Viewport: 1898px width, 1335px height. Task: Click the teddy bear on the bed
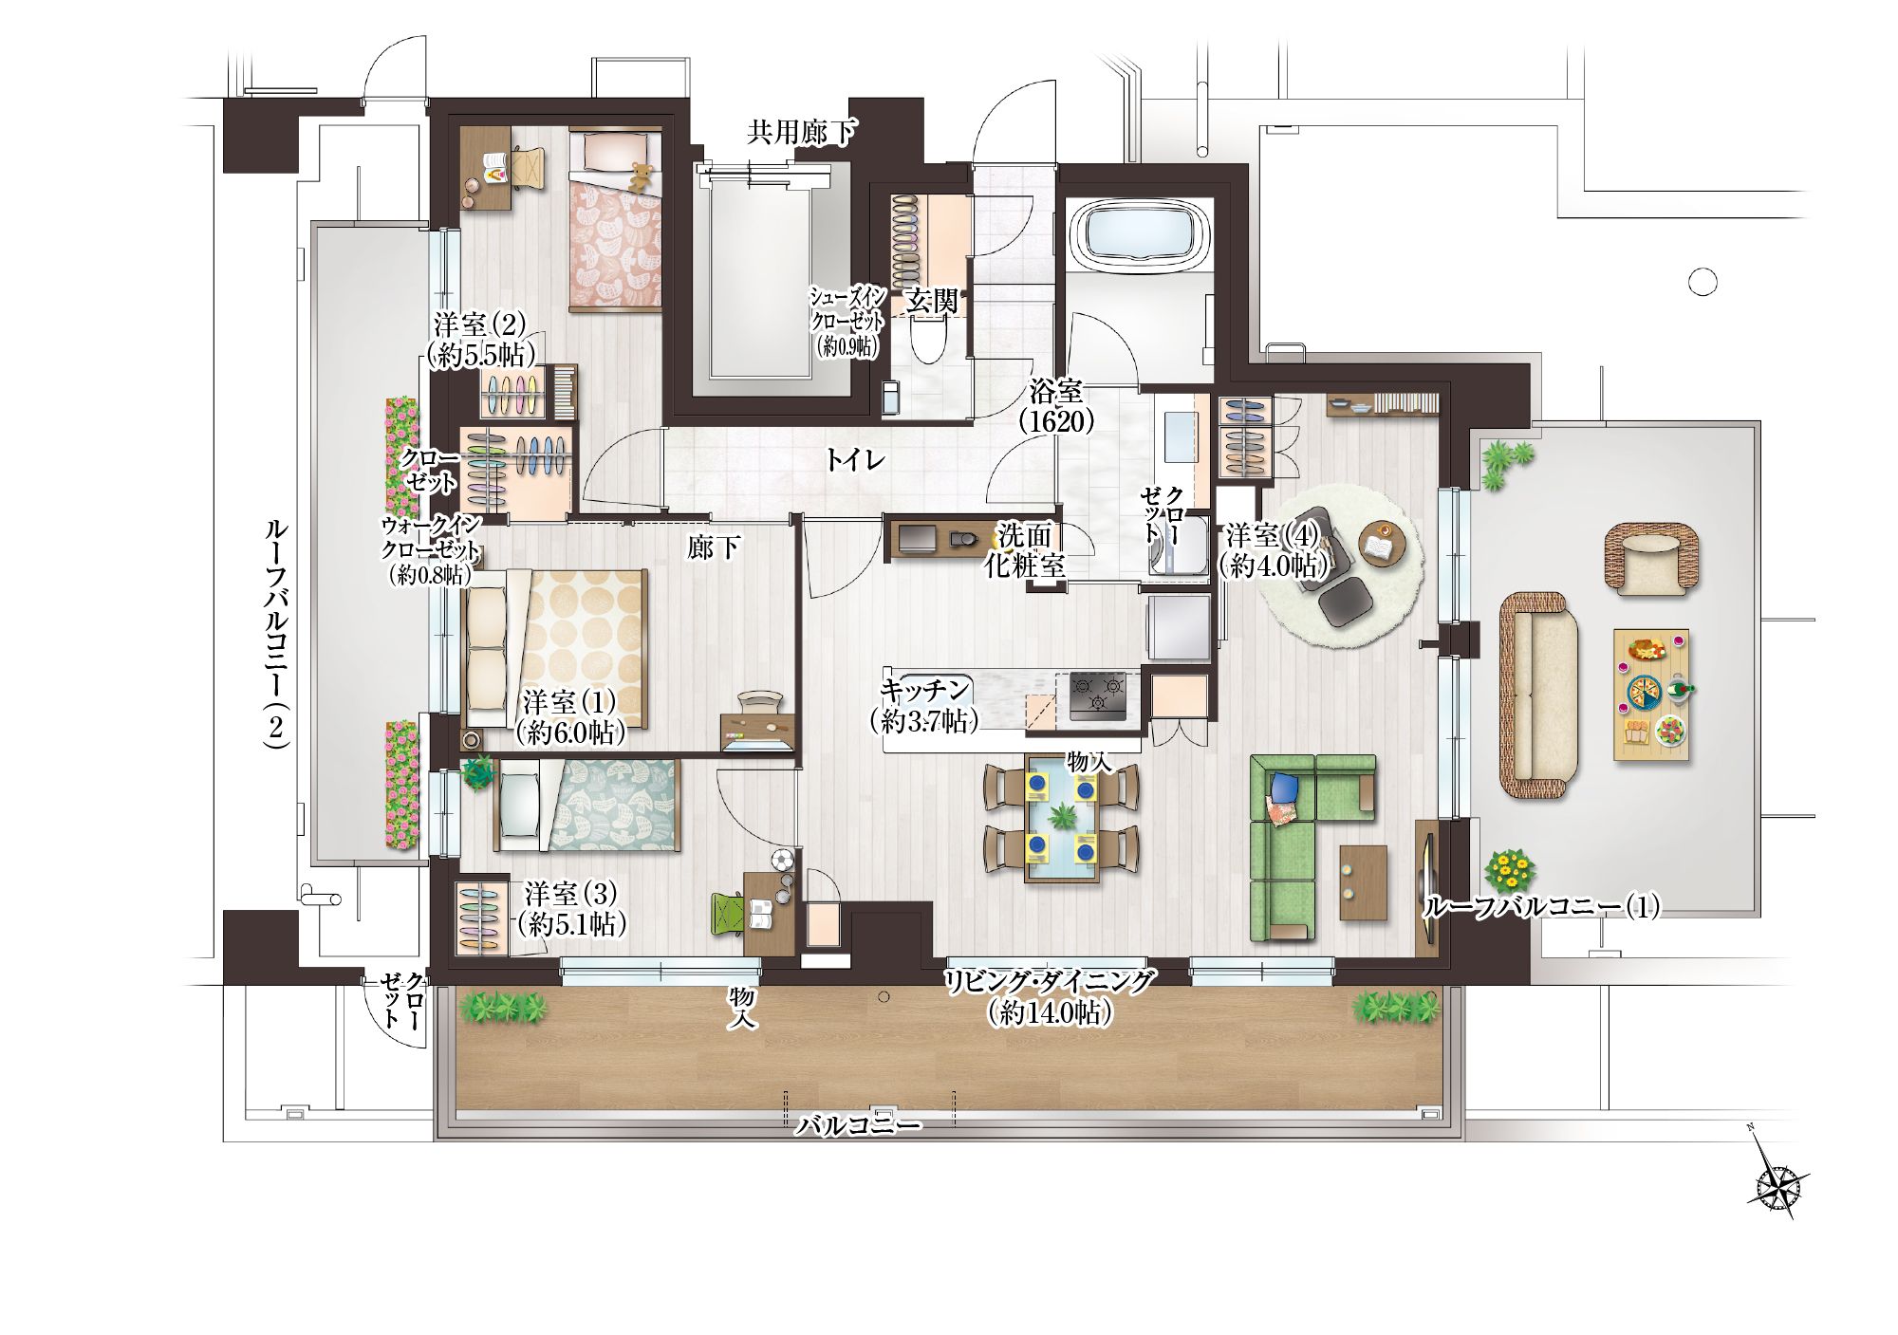pyautogui.click(x=642, y=177)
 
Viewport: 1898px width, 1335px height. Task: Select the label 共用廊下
pyautogui.click(x=800, y=132)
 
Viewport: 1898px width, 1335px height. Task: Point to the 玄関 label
pyautogui.click(x=931, y=303)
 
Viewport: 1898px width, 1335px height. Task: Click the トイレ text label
pyautogui.click(x=854, y=461)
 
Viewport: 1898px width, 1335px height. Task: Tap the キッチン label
pyautogui.click(x=925, y=690)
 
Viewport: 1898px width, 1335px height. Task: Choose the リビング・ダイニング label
pyautogui.click(x=1051, y=981)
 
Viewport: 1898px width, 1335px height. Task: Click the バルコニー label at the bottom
pyautogui.click(x=859, y=1126)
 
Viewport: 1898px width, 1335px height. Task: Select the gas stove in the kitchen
pyautogui.click(x=1099, y=695)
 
